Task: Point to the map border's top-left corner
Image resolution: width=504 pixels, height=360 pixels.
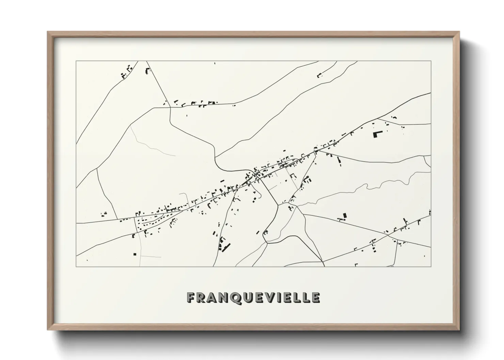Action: click(x=76, y=61)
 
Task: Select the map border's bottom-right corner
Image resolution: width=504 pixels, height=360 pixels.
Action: click(x=431, y=266)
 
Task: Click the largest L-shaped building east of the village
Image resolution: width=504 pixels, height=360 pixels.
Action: click(x=377, y=133)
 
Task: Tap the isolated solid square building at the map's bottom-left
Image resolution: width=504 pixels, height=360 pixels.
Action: click(x=135, y=254)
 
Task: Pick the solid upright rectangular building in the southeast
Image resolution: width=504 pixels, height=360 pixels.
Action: click(x=345, y=216)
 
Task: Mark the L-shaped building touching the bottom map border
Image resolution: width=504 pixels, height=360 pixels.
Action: click(x=356, y=264)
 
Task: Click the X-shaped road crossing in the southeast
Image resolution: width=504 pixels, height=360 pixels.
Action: click(x=388, y=234)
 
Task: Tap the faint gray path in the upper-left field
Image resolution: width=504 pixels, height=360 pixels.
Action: click(x=150, y=145)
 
